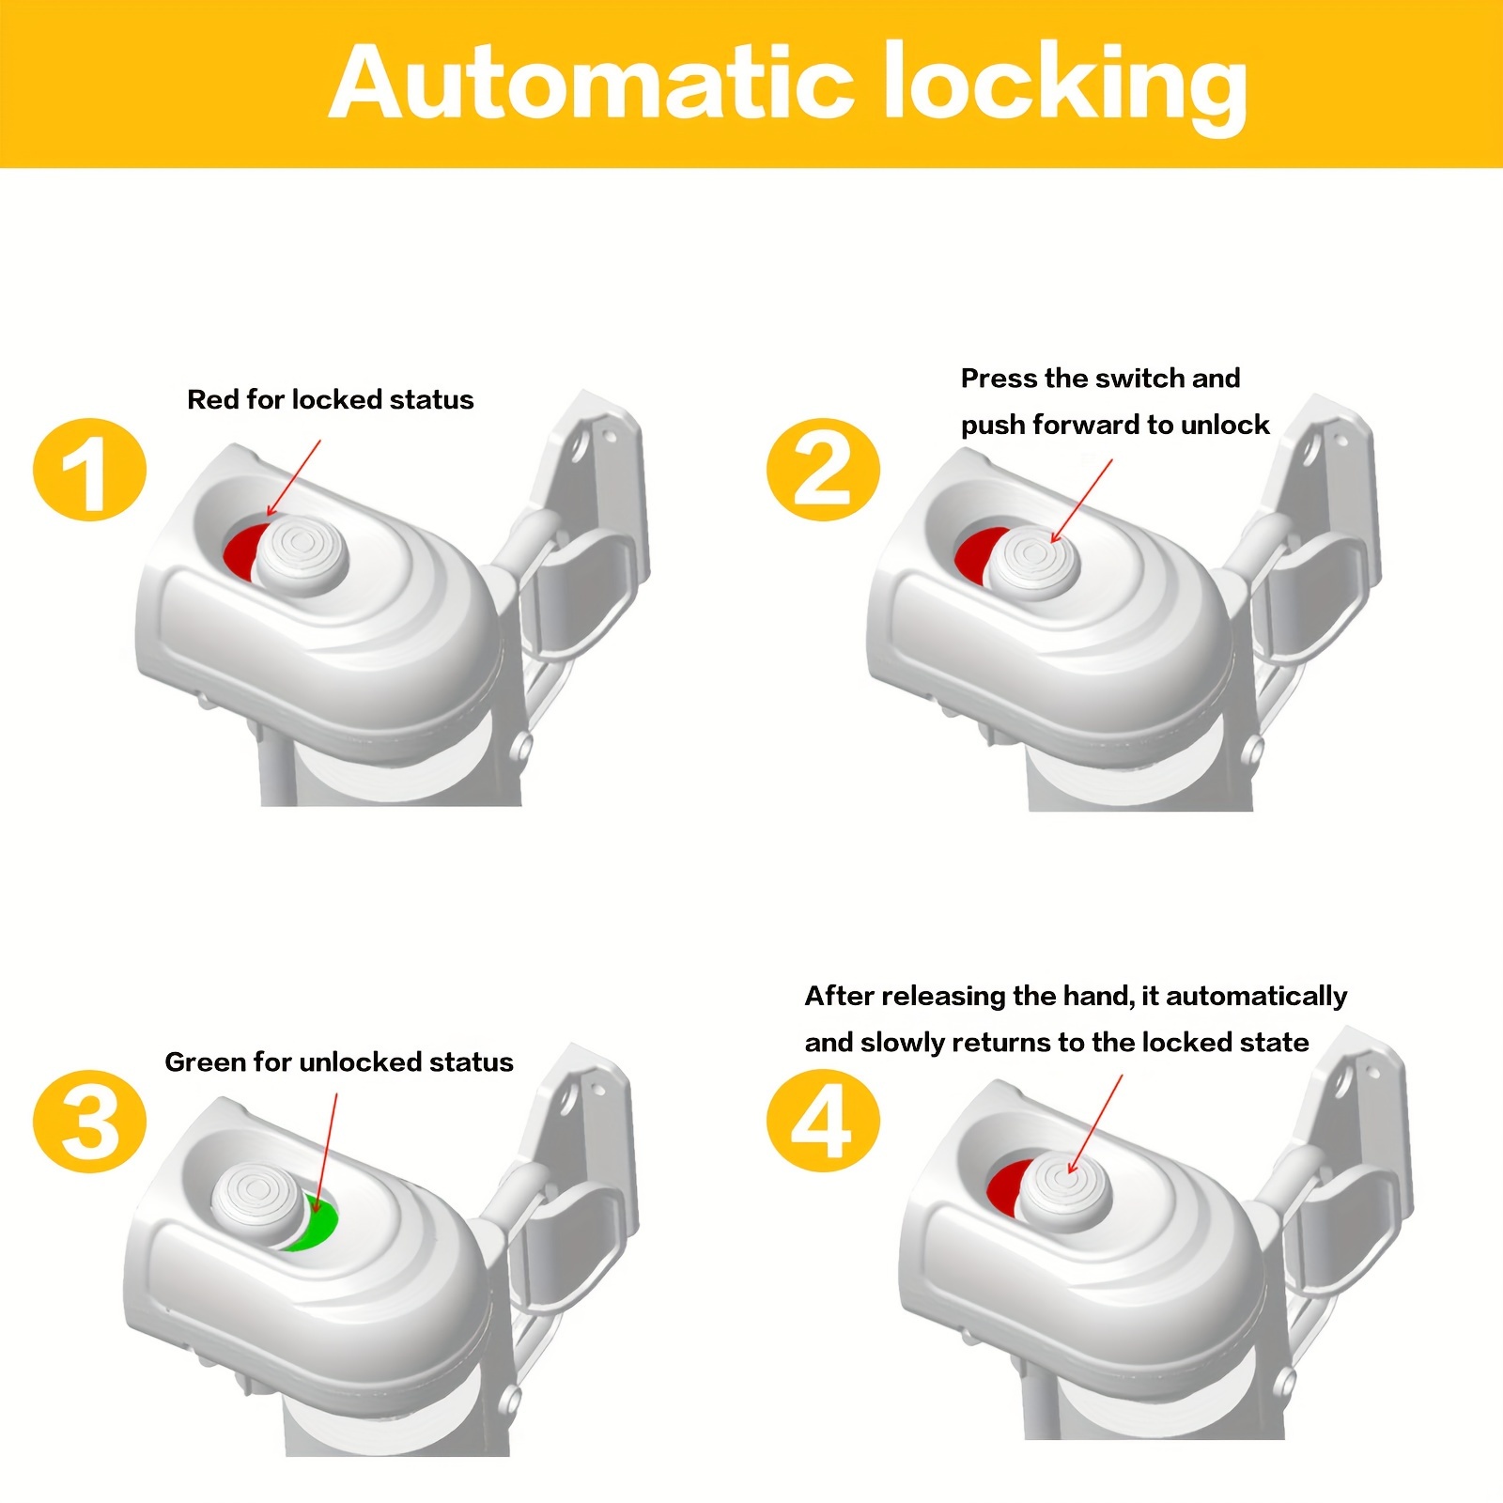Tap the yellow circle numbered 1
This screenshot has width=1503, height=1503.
pyautogui.click(x=90, y=469)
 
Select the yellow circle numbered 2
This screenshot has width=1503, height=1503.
pyautogui.click(x=823, y=469)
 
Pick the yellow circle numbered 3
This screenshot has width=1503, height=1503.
pyautogui.click(x=90, y=1121)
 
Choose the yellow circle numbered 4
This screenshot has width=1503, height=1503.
pyautogui.click(x=823, y=1120)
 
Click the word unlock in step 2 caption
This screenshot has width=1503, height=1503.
pyautogui.click(x=1225, y=425)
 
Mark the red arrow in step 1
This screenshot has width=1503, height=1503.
pyautogui.click(x=294, y=478)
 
